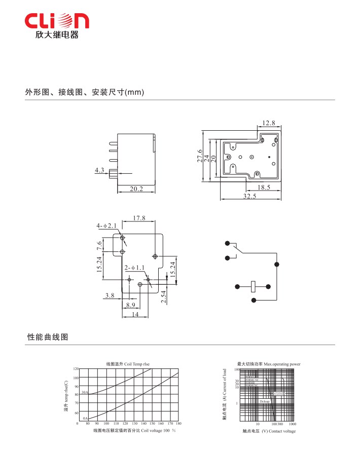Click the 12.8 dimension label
pos(269,123)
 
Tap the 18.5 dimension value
pos(263,187)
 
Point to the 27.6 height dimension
pos(200,158)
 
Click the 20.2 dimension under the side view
pos(136,189)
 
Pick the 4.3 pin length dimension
pos(99,170)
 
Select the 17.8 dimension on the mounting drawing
pos(139,218)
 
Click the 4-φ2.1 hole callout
pos(106,225)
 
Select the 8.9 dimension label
pos(130,305)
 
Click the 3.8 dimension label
pos(110,295)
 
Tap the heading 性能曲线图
pos(47,337)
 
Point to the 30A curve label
pos(85,393)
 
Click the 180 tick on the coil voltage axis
pos(178,423)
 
